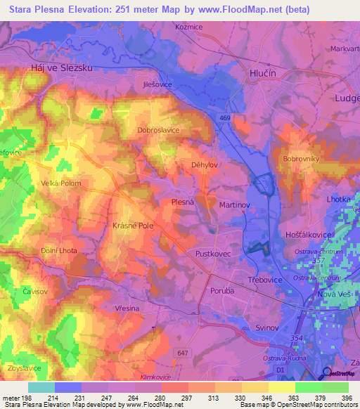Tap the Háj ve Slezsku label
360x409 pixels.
[63, 67]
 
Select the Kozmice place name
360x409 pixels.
[188, 26]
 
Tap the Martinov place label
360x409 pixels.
[235, 204]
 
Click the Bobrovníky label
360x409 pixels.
[302, 159]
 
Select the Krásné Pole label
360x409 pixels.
[133, 226]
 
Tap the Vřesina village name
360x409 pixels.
[128, 308]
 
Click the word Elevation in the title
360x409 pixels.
[137, 9]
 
